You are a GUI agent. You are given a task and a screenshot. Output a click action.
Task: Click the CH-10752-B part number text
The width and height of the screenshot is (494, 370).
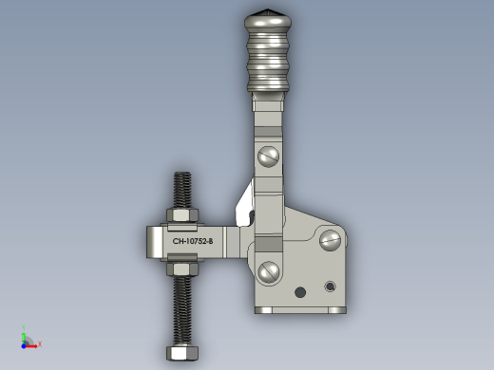pos(193,241)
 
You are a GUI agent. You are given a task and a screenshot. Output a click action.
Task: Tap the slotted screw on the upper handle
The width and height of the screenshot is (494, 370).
pos(268,157)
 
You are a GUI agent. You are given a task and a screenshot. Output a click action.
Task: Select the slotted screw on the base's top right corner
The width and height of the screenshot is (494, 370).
pos(331,240)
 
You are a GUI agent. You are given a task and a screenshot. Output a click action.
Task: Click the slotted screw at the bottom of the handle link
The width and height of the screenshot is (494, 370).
pos(269,271)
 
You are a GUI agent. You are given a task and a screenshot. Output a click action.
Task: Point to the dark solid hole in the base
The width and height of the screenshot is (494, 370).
pos(300,292)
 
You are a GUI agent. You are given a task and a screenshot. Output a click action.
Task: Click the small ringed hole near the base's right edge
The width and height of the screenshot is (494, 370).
pos(330,287)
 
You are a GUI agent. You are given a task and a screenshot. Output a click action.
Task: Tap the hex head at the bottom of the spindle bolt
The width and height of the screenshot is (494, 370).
pos(182,353)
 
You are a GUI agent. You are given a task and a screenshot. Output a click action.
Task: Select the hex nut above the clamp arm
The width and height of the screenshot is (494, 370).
pos(182,215)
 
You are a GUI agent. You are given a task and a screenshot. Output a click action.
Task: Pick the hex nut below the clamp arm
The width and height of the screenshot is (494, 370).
pos(182,268)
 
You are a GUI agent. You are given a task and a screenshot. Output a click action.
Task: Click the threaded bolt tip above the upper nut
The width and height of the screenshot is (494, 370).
pos(182,191)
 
